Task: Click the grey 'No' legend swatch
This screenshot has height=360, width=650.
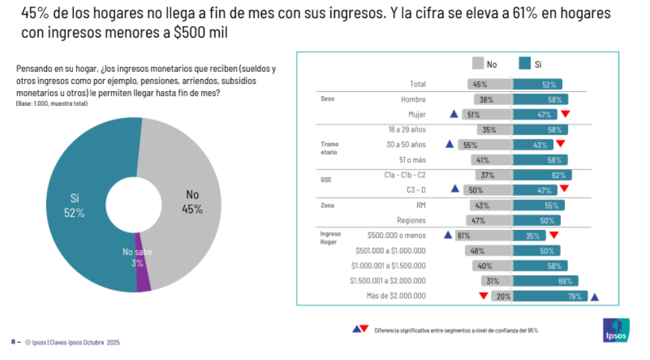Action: coord(478,64)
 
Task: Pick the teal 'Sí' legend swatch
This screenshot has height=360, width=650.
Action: coord(525,64)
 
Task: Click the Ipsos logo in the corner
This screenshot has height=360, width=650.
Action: coord(616,330)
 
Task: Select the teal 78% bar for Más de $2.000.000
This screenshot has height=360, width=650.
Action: coord(550,296)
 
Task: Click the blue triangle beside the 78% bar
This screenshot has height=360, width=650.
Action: coord(594,296)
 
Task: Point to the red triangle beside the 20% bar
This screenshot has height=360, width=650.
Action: coord(482,296)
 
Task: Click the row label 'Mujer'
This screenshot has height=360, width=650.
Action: coord(417,115)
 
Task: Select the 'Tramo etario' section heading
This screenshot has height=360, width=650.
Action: coord(329,148)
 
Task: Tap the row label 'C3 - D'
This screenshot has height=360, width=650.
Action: coord(416,190)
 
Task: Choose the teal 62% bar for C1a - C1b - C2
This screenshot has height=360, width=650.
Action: coord(542,175)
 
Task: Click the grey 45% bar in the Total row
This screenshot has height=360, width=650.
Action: coord(490,84)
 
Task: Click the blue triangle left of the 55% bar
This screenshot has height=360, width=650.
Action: coord(450,144)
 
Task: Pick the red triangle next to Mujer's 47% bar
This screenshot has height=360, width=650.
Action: coord(565,114)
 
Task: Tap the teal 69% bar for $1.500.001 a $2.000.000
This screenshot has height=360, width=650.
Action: coord(545,281)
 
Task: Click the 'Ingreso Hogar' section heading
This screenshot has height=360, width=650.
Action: coord(330,238)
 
